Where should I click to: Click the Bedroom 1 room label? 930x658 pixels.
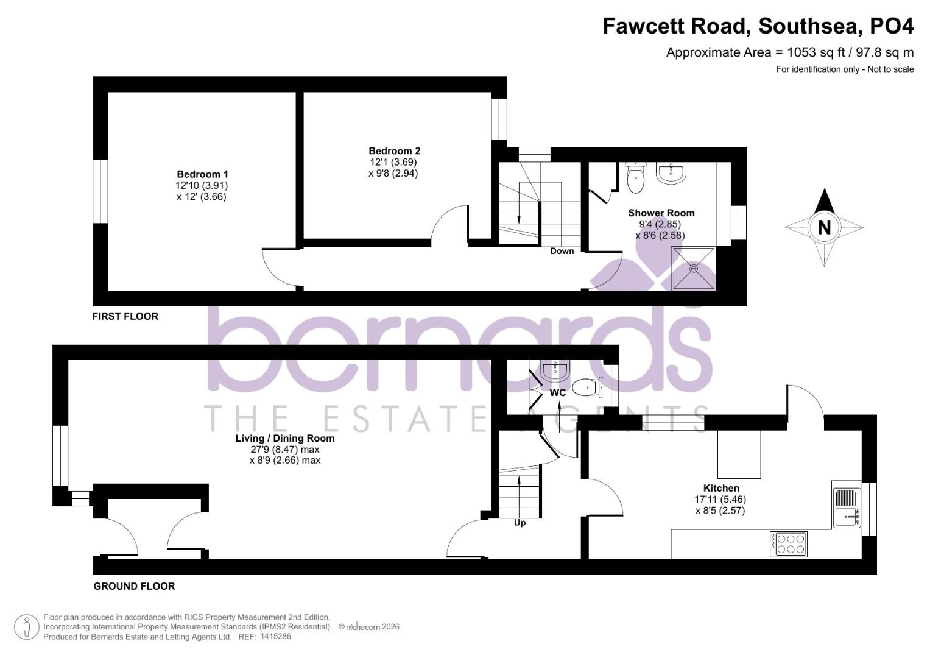click(x=202, y=175)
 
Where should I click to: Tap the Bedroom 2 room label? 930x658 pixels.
click(x=394, y=151)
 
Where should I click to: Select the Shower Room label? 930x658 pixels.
click(x=661, y=213)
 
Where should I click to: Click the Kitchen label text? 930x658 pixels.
click(x=721, y=488)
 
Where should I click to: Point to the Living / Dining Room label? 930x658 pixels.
click(x=285, y=438)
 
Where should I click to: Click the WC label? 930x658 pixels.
click(x=558, y=393)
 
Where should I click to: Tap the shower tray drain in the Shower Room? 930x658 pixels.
click(x=693, y=268)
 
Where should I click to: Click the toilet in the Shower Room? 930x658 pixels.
click(x=636, y=177)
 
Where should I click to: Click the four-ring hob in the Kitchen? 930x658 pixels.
click(x=789, y=543)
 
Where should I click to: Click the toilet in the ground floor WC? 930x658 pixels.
click(x=587, y=386)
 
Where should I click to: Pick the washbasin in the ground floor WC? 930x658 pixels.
click(x=555, y=369)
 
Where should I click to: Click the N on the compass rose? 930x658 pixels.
click(x=824, y=227)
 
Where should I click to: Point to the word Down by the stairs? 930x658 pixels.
click(x=562, y=251)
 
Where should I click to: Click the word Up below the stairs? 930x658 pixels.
click(x=520, y=523)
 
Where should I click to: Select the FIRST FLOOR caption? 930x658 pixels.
click(x=125, y=316)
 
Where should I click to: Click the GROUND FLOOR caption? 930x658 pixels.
click(x=134, y=586)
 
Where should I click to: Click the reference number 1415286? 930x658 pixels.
click(x=275, y=637)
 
